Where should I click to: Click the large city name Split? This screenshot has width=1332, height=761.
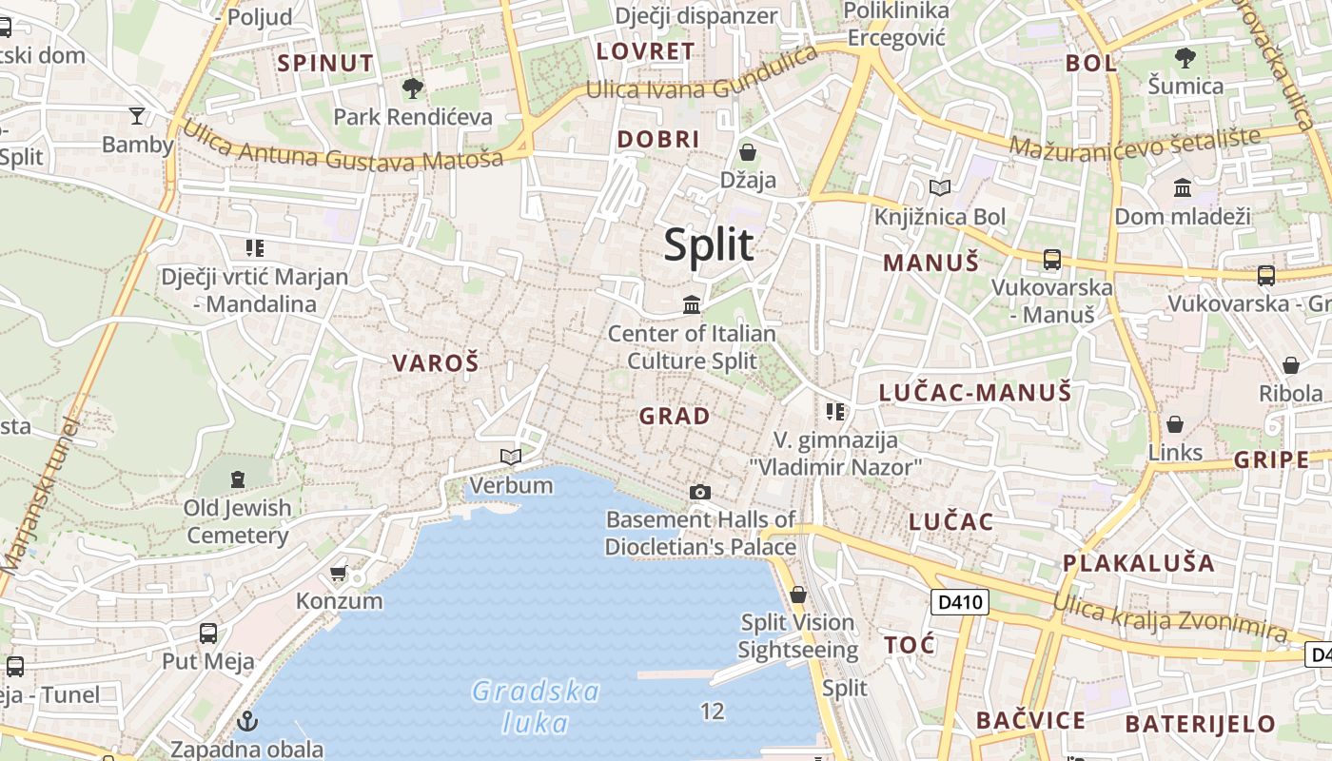[x=708, y=244]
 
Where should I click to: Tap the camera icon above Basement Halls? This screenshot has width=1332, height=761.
[x=700, y=492]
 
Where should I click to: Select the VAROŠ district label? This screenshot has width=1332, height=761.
[x=436, y=362]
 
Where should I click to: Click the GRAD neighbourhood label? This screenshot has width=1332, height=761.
[x=675, y=416]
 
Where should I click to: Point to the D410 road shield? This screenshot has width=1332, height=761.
[x=959, y=602]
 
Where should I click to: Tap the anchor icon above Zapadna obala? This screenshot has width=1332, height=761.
[x=248, y=721]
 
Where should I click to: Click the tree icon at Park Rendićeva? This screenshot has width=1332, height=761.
[x=413, y=88]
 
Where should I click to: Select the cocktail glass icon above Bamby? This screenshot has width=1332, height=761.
[x=138, y=116]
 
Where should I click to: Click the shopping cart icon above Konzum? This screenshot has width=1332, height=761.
[x=338, y=573]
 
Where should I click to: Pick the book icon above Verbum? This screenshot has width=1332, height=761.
[x=511, y=457]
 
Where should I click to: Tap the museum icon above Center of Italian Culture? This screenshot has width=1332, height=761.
[x=692, y=304]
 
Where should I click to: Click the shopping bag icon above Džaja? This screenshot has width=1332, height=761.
[x=748, y=152]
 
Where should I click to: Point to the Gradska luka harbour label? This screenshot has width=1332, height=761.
[x=536, y=707]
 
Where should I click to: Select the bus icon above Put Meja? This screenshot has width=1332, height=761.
[x=208, y=633]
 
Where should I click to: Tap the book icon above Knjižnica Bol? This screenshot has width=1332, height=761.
[x=940, y=188]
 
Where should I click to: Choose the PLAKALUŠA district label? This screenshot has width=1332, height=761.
[x=1139, y=562]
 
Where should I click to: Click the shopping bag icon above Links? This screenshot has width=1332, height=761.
[x=1175, y=424]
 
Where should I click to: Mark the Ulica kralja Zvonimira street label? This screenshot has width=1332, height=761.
[x=1170, y=616]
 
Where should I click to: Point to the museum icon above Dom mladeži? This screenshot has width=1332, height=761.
[x=1183, y=187]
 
